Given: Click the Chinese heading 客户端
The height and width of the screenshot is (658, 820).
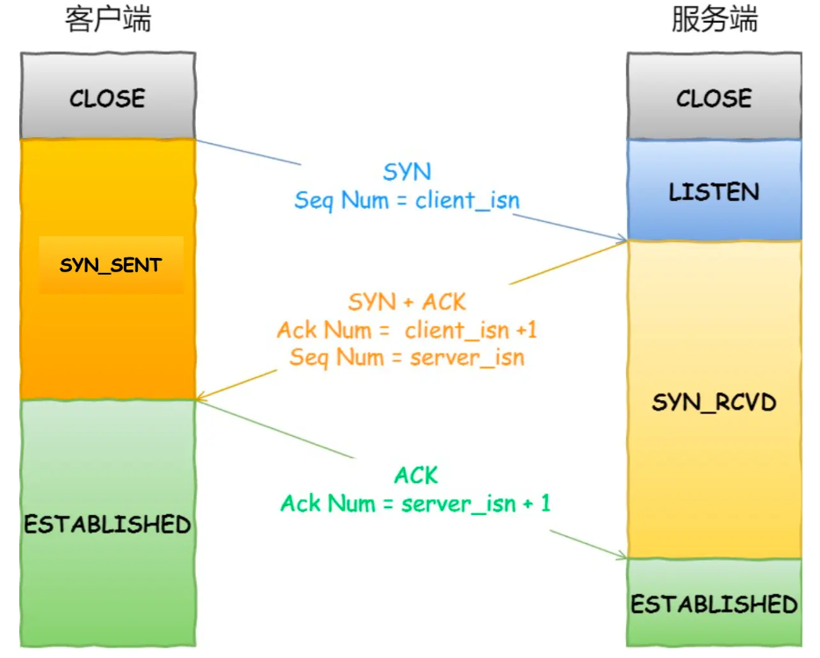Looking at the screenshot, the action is click(108, 19).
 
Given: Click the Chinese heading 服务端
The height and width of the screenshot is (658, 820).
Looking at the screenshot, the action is click(715, 19).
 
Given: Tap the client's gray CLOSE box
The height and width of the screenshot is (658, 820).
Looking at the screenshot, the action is click(108, 96).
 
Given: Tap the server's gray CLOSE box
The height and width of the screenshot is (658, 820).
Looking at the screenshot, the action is click(715, 97).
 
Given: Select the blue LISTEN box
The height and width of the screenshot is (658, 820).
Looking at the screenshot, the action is click(715, 190).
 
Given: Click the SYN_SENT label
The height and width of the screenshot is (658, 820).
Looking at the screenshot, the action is click(111, 266).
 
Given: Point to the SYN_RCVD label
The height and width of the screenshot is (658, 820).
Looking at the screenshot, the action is click(715, 403).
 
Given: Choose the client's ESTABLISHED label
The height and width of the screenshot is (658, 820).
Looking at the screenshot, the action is click(108, 524).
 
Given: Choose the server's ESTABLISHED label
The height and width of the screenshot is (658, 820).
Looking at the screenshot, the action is click(715, 604).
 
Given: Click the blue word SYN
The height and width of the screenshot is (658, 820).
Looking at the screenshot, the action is click(406, 171).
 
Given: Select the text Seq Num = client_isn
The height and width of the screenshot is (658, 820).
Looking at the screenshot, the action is click(406, 200).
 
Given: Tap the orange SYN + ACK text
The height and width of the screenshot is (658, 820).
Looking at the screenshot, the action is click(406, 302).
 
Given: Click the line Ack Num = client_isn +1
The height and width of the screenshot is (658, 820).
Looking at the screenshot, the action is click(406, 330).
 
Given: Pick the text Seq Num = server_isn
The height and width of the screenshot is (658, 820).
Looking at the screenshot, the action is click(406, 358).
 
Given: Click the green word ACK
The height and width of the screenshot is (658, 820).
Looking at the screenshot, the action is click(416, 476).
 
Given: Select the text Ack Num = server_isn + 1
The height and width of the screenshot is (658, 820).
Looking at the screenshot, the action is click(416, 504).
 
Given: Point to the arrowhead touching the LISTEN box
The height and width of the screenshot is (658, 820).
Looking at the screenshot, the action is click(622, 239).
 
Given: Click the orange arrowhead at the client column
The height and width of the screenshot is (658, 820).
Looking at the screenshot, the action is click(202, 398).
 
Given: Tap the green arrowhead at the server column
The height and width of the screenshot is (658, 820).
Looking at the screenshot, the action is click(622, 556).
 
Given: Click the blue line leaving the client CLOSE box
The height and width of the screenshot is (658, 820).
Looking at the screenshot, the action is click(248, 152).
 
